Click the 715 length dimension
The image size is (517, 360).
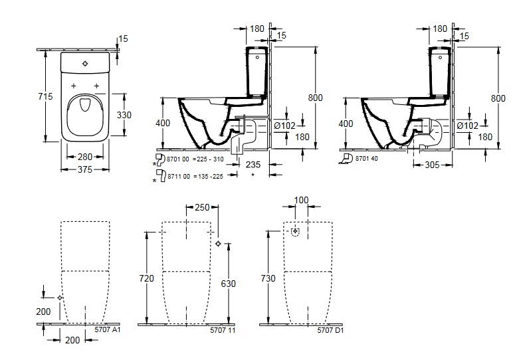pos(45,97)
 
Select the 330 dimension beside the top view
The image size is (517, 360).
pos(124,115)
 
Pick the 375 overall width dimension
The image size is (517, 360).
pos(84,169)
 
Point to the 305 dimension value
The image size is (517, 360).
pos(433,163)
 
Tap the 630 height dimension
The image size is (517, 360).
pos(228,283)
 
